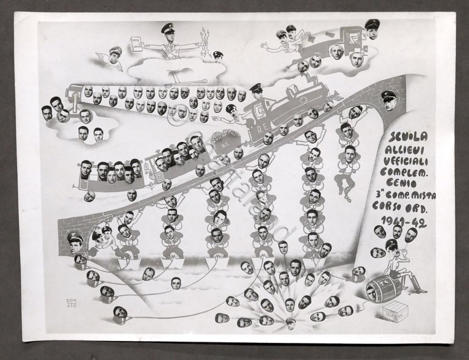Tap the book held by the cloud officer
(x=135, y=45)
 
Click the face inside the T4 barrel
(x=371, y=293)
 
